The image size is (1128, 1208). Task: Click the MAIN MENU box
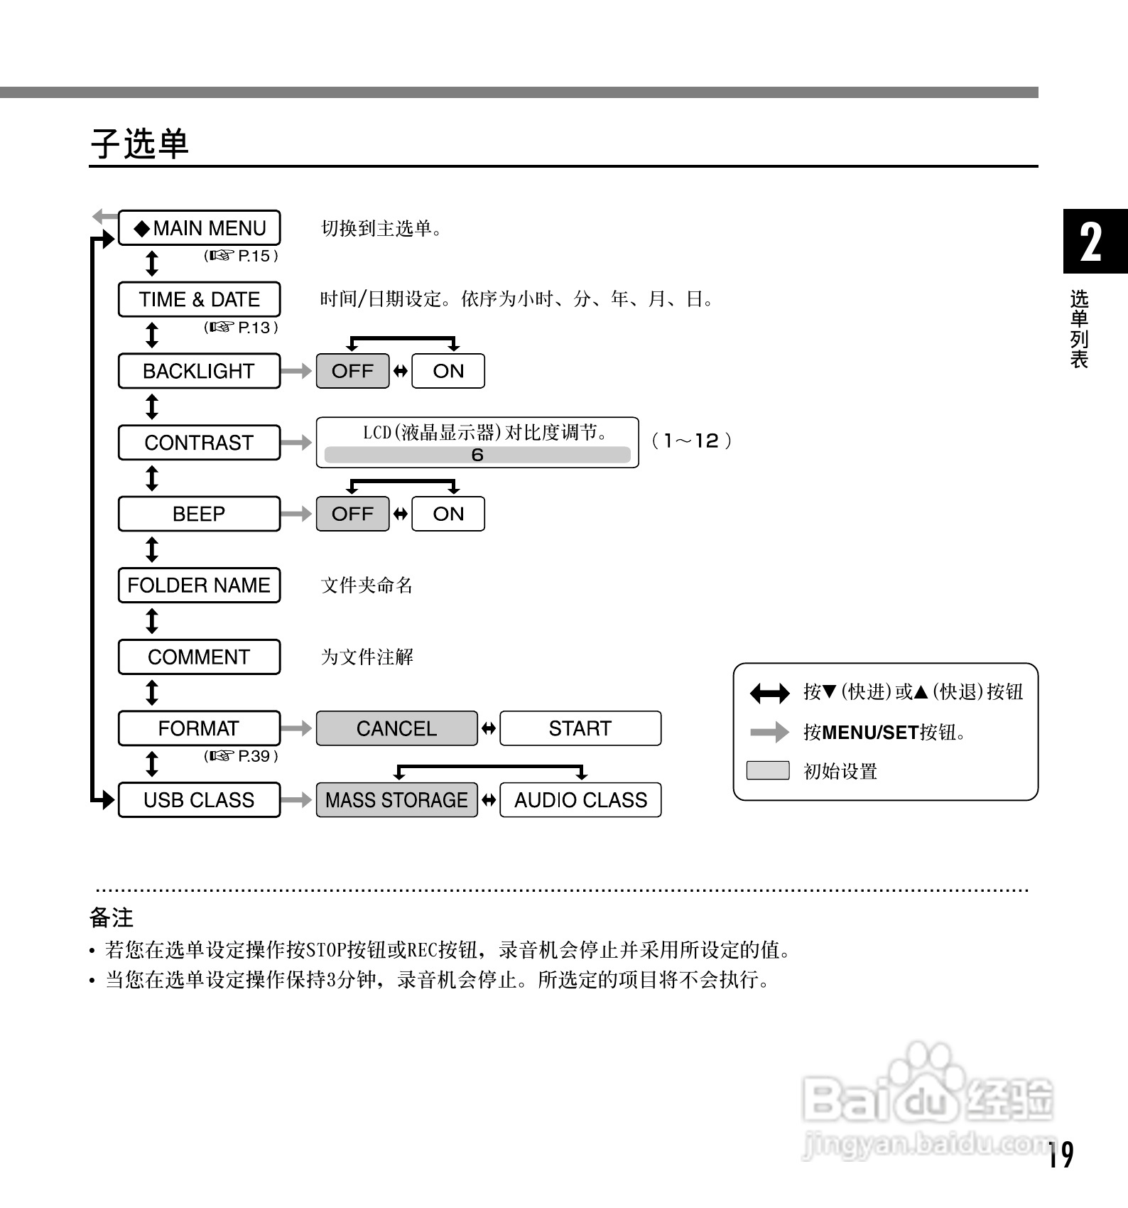click(199, 228)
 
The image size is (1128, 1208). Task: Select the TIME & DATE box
click(199, 299)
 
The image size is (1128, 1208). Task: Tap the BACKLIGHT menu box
click(199, 371)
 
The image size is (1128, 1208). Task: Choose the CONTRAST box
click(199, 443)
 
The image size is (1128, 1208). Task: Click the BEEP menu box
click(199, 514)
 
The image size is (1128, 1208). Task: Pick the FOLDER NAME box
click(199, 586)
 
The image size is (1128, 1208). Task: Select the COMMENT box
click(199, 657)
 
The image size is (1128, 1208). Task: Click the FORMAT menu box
click(199, 728)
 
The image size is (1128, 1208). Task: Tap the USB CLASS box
click(199, 800)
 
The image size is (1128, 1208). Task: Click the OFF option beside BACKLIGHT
click(352, 371)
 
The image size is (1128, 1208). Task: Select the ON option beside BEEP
click(448, 514)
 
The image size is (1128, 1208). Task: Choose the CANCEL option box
click(396, 728)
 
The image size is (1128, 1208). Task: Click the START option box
click(580, 728)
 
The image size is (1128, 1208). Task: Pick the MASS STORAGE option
click(396, 800)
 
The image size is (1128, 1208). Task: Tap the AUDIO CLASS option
click(580, 800)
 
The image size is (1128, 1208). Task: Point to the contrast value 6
click(477, 455)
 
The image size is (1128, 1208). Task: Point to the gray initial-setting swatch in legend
click(768, 770)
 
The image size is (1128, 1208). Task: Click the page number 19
click(1061, 1155)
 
